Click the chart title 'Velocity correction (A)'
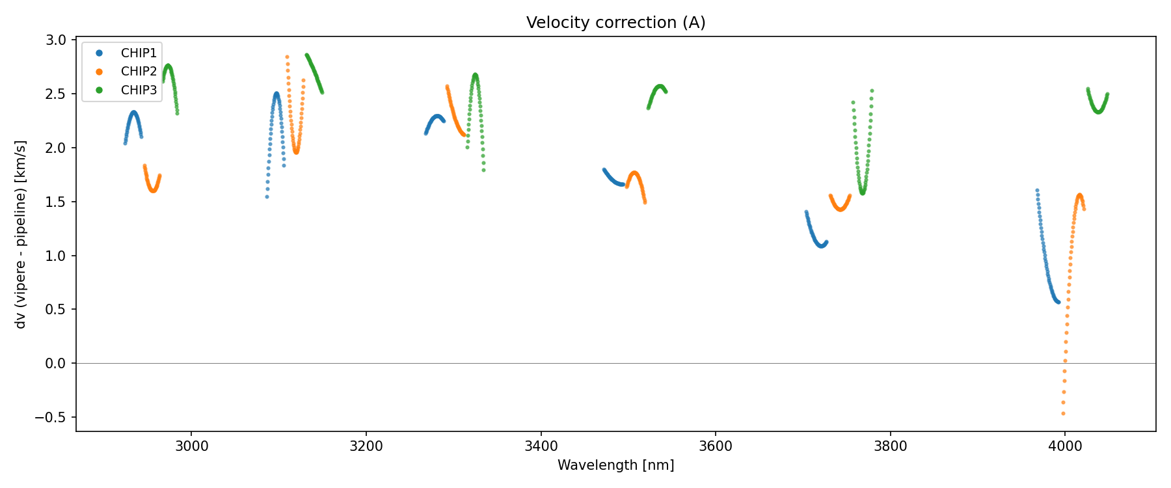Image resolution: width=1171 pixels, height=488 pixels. click(615, 23)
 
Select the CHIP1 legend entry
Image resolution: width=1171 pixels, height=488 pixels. click(139, 53)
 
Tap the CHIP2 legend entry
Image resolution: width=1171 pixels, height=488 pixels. click(139, 72)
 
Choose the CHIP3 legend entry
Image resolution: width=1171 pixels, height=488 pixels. click(139, 90)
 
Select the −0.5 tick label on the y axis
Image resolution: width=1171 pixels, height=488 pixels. click(53, 417)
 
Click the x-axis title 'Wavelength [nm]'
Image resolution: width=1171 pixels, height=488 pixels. click(615, 465)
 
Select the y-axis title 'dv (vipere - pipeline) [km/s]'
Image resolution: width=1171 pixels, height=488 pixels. click(21, 234)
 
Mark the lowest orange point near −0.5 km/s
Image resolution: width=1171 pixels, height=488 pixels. click(1063, 413)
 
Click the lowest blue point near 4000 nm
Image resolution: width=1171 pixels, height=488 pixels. click(1058, 302)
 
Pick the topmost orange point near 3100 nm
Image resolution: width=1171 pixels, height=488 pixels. click(287, 57)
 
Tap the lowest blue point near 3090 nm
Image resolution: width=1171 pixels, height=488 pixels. click(267, 197)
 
